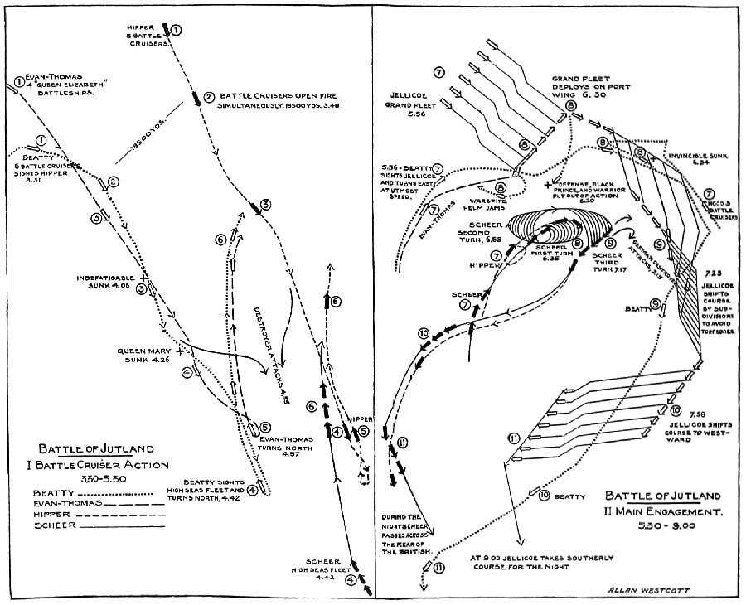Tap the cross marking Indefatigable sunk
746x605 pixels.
[x=144, y=277]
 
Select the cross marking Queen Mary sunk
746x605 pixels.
[x=179, y=351]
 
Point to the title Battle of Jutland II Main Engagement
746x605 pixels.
[x=665, y=505]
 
